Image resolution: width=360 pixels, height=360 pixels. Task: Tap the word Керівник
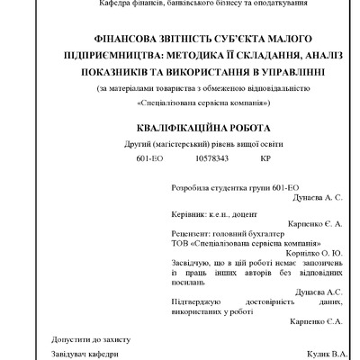point(188,216)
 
